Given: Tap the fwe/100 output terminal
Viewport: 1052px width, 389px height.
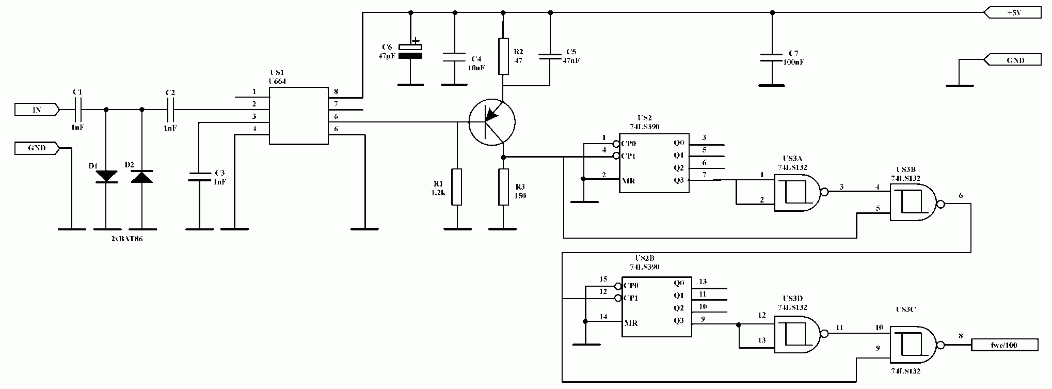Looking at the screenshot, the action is point(1005,345).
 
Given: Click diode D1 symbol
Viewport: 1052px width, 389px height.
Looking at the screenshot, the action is point(106,176).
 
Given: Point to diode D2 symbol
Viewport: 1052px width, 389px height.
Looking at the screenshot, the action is point(142,176).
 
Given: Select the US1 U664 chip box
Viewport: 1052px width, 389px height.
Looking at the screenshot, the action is point(299,115).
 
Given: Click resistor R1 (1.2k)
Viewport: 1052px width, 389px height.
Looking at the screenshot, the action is point(457,186).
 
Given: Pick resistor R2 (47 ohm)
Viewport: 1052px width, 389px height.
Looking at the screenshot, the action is point(504,55).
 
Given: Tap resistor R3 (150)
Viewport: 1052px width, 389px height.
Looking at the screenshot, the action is point(504,186).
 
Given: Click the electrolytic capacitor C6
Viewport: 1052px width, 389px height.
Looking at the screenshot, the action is point(410,51).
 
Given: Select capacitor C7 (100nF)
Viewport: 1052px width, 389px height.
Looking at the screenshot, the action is point(772,57).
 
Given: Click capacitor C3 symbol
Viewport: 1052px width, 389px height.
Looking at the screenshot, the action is point(199,176).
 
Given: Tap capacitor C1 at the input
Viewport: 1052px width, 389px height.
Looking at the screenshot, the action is point(78,110).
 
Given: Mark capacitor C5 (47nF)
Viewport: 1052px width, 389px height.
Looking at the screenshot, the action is point(550,57).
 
